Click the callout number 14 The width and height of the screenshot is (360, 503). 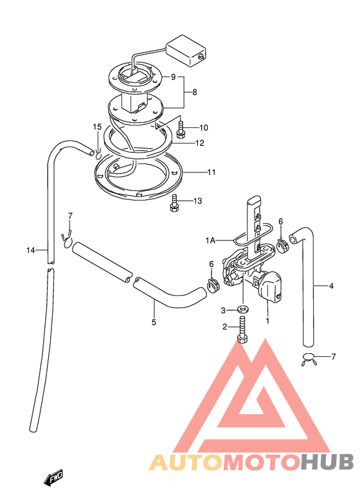click(x=30, y=250)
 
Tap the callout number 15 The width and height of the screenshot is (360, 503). click(x=97, y=127)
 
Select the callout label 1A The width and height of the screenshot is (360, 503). click(x=210, y=240)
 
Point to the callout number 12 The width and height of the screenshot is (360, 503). click(x=200, y=143)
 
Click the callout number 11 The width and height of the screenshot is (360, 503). click(x=212, y=172)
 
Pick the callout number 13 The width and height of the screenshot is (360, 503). click(x=198, y=201)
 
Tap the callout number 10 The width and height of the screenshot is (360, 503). click(x=204, y=127)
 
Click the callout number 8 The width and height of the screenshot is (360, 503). click(x=195, y=93)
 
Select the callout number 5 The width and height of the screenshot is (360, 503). click(x=154, y=322)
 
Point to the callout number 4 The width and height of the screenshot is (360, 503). click(x=331, y=286)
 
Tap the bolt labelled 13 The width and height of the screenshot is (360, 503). click(x=174, y=203)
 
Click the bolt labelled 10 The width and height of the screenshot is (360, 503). click(x=181, y=130)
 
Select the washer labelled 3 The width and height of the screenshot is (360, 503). click(x=244, y=309)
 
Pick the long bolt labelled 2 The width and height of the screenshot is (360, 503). click(x=242, y=330)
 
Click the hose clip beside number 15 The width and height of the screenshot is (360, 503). click(x=98, y=153)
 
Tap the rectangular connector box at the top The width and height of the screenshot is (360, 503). click(x=186, y=51)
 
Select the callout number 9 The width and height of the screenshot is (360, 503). click(x=173, y=77)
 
